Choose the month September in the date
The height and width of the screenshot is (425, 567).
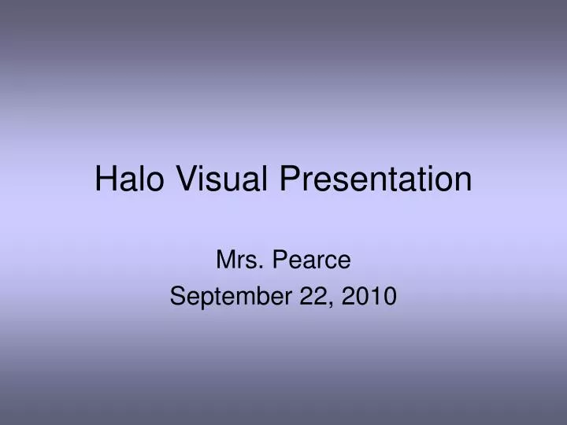click(x=228, y=296)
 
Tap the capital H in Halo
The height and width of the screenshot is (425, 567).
click(x=106, y=179)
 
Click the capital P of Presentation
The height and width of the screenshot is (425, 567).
click(x=291, y=179)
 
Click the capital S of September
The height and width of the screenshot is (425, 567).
click(x=177, y=296)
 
